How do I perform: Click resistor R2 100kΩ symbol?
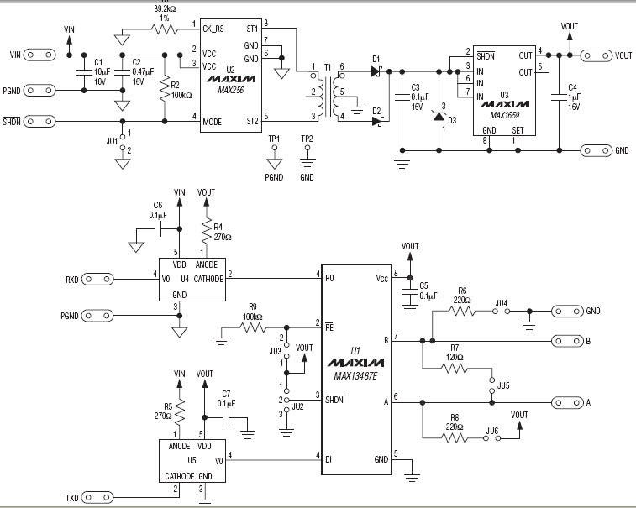[165, 88]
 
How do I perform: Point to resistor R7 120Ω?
[455, 366]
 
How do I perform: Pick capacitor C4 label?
[571, 86]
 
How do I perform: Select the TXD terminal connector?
[103, 498]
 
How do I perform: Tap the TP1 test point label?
[274, 138]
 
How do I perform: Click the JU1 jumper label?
[111, 142]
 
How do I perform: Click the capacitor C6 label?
[157, 205]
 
